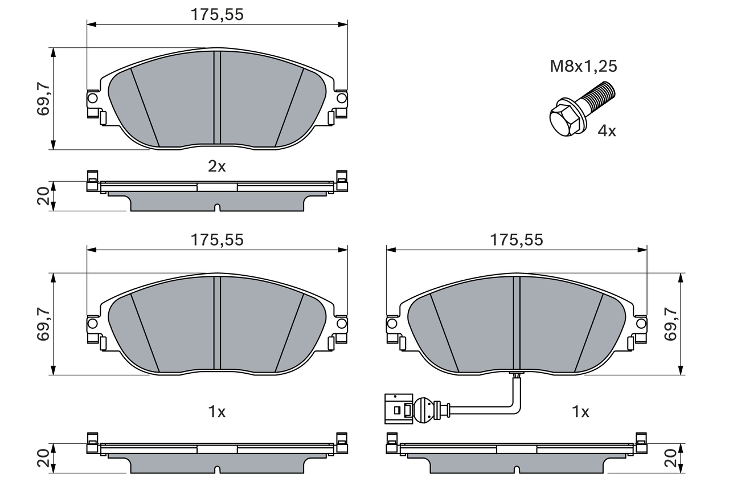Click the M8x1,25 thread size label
[583, 66]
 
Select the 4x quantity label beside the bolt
[607, 131]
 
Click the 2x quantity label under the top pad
[216, 166]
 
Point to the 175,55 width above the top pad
[216, 15]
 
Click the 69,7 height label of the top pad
[44, 99]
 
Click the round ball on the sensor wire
[423, 409]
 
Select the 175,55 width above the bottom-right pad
[517, 240]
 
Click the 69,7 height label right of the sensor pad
[672, 324]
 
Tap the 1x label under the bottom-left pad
[216, 411]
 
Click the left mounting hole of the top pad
[92, 99]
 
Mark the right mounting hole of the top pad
[341, 99]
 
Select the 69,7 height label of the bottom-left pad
[44, 324]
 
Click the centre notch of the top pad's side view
[216, 208]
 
